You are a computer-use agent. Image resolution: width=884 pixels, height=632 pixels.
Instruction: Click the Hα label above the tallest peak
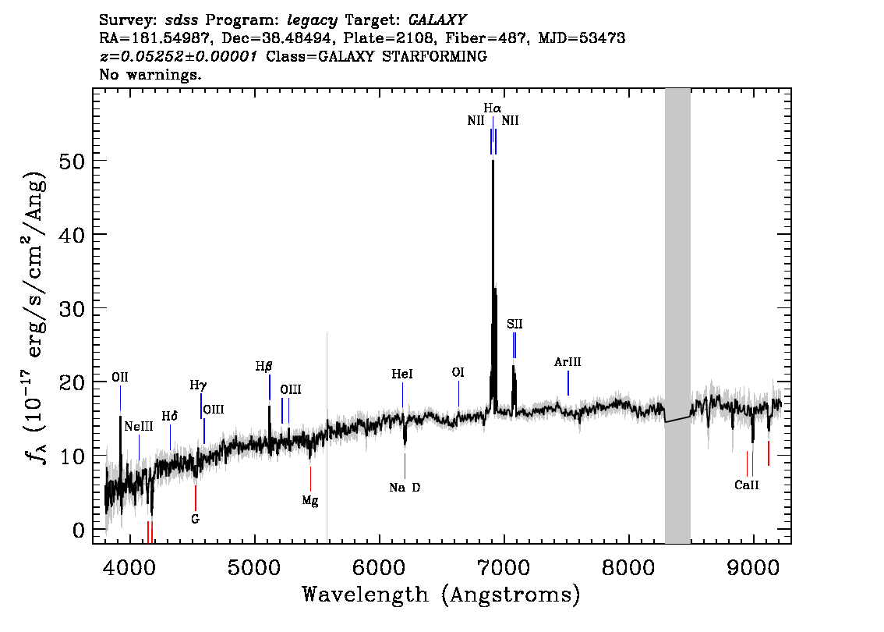(492, 108)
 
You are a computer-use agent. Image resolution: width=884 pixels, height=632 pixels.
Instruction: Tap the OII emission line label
(119, 377)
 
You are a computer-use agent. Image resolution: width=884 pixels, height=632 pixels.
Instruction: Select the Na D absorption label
(405, 488)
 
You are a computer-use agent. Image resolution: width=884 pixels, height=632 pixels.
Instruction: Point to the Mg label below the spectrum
(310, 500)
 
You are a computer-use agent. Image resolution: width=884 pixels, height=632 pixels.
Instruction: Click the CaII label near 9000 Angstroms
(747, 485)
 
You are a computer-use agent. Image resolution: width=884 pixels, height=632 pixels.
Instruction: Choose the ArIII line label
(568, 362)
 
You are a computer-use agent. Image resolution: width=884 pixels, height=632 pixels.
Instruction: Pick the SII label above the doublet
(514, 324)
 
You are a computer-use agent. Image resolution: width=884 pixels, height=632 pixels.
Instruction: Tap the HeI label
(402, 374)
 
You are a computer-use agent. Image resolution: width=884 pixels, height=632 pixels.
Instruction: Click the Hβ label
(263, 367)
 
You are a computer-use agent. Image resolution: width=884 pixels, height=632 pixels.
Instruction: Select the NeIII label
(139, 426)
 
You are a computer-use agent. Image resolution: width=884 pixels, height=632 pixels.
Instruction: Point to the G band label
(195, 519)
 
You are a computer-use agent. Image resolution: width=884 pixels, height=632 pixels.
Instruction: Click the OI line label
(458, 372)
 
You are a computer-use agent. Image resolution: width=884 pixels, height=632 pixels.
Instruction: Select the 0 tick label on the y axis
(79, 531)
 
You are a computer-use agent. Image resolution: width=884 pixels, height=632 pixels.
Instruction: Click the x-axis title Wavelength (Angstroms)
(441, 595)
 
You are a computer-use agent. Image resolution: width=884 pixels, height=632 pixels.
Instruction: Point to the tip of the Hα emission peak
(493, 161)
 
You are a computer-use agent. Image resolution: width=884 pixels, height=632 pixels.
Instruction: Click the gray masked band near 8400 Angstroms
(677, 316)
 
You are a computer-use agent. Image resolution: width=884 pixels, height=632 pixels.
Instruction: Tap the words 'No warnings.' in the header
(150, 74)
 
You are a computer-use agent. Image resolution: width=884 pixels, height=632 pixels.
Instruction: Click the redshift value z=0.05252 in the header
(179, 56)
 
